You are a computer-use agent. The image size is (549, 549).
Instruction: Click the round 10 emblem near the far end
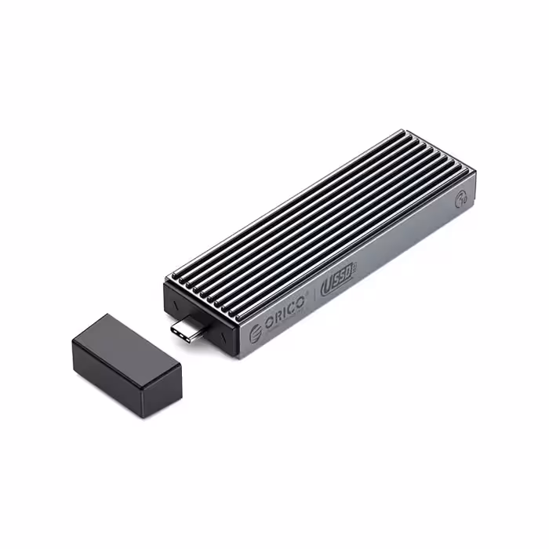tap(462, 200)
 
